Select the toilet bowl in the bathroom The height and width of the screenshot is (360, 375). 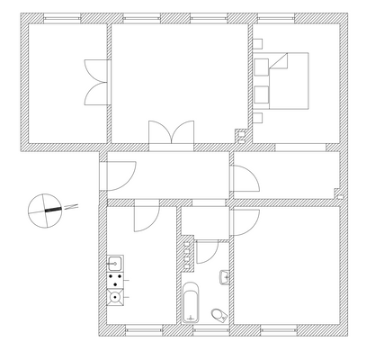point(219,314)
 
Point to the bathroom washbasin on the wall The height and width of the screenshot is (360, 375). point(224,276)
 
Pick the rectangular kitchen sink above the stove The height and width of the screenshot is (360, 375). point(115,263)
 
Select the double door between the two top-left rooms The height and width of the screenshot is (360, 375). point(95,82)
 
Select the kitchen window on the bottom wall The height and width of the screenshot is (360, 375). point(145,331)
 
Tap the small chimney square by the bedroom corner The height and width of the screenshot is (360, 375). point(239,135)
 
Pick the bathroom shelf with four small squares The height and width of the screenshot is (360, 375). point(187,252)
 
